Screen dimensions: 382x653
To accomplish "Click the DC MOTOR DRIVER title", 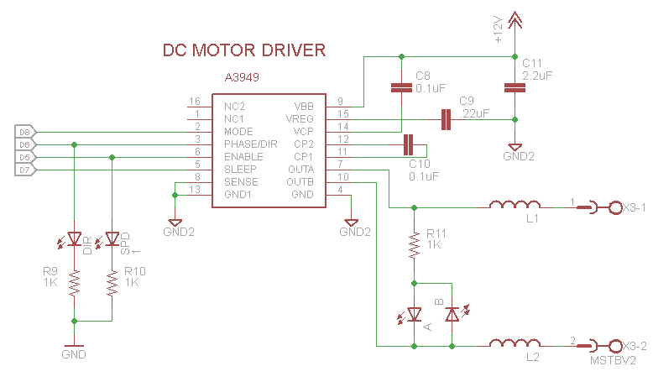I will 243,51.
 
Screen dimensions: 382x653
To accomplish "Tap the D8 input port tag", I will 24,132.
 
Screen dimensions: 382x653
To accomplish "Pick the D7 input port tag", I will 24,170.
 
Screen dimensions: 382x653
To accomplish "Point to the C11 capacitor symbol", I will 515,86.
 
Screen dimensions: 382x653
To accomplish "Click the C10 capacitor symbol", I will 409,144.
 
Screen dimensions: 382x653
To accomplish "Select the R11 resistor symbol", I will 414,243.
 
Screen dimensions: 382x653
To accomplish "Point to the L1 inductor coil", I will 515,205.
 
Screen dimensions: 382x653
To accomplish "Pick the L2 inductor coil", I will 515,344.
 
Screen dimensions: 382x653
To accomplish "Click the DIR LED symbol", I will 74,239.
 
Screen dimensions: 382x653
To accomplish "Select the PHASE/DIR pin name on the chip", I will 250,144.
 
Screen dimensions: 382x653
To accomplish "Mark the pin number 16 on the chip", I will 194,102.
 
